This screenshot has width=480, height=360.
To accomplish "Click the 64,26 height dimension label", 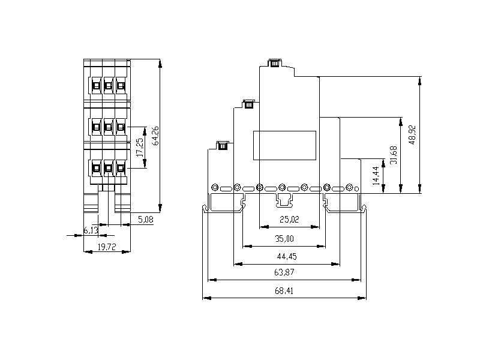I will click(156, 136).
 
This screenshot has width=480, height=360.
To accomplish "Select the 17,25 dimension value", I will click(140, 148).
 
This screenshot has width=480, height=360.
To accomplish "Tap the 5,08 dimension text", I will click(146, 220).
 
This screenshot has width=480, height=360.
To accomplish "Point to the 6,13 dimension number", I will click(91, 230).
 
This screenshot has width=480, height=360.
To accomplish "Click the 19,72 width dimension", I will click(107, 247).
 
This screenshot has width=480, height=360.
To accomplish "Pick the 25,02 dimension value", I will click(289, 220).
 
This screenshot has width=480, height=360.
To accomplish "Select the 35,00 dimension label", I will click(284, 239).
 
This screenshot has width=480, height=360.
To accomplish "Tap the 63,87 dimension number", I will click(284, 272).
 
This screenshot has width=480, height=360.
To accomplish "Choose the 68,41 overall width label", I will click(284, 290).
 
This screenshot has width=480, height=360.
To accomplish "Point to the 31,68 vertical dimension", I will click(394, 155).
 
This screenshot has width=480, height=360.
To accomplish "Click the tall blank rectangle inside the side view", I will click(286, 145).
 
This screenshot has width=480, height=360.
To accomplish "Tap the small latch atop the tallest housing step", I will click(275, 62).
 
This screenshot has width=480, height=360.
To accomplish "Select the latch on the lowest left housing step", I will click(223, 145).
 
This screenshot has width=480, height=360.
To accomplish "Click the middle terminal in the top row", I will click(108, 86).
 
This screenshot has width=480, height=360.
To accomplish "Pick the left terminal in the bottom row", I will click(95, 168).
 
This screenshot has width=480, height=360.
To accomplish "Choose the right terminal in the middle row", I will click(121, 127).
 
